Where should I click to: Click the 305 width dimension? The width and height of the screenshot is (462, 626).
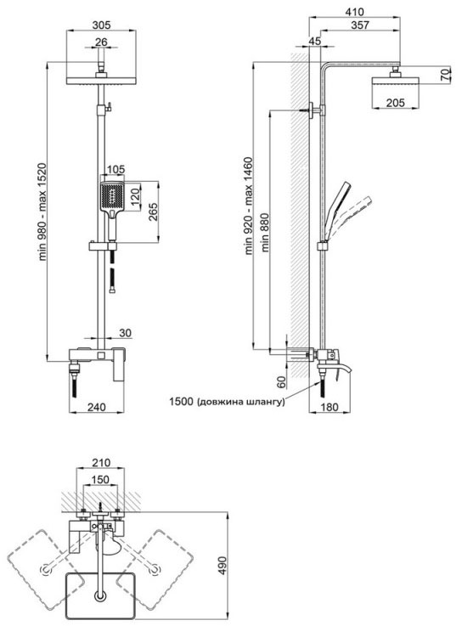click(101, 25)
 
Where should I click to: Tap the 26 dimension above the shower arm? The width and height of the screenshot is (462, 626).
click(101, 42)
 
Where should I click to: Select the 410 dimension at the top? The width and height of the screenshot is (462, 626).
click(355, 12)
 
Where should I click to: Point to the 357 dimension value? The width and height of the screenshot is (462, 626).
click(360, 25)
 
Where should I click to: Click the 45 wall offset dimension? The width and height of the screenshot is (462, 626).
click(315, 41)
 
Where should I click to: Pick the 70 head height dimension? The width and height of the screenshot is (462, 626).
click(446, 75)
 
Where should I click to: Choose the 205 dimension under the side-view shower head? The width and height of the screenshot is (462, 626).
click(395, 103)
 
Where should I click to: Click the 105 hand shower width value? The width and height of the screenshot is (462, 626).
click(116, 170)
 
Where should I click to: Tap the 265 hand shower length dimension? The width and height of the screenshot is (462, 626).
click(153, 212)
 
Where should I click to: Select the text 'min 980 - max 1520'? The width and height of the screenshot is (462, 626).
click(43, 211)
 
